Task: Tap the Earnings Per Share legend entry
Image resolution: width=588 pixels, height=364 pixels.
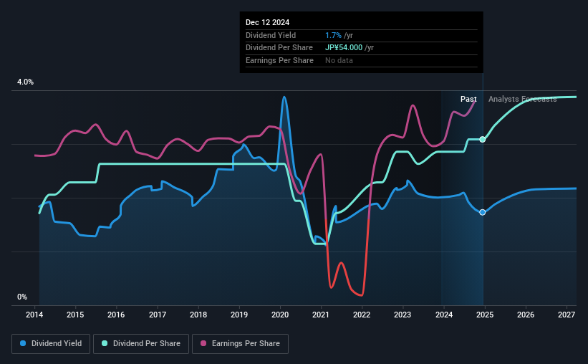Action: coord(240,344)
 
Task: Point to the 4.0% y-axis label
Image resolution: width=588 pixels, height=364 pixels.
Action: coord(25,82)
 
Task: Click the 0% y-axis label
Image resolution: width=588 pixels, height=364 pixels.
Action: coord(21,297)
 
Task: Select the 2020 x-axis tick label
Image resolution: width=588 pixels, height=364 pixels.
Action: coord(280,315)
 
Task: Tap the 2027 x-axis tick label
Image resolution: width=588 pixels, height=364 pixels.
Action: coord(566,315)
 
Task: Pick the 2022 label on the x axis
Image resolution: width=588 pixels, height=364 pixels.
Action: coord(362,315)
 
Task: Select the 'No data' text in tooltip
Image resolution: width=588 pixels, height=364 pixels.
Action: coord(339,61)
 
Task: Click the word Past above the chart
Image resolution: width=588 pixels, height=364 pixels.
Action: coord(468,99)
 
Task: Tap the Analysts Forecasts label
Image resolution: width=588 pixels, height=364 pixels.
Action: coord(522,99)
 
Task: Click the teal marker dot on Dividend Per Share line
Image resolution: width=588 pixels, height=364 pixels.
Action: coord(483,139)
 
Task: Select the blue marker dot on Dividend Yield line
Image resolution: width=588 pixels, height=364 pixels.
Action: coord(483,212)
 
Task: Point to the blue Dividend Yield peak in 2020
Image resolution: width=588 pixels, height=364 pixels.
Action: coord(284,97)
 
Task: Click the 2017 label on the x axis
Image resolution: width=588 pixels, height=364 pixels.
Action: coord(158,315)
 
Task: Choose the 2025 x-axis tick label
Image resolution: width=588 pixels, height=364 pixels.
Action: coord(484,315)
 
